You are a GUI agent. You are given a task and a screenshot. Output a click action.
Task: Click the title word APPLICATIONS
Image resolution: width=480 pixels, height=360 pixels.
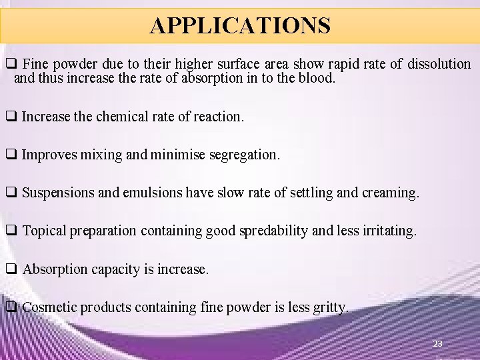240,25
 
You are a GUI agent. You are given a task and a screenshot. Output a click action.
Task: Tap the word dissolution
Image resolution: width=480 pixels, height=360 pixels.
435,64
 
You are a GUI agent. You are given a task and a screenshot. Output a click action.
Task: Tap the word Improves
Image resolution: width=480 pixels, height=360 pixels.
49,155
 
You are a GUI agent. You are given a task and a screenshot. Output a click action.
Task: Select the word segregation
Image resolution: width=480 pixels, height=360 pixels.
244,155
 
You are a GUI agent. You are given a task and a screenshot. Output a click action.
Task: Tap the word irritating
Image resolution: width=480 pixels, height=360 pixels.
385,231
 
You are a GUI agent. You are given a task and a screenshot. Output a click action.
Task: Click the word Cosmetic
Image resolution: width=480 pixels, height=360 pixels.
51,308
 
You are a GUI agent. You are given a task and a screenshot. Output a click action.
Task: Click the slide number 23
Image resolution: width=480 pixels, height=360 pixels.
437,344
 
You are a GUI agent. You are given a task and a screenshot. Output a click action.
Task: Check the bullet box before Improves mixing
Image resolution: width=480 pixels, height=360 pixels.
11,155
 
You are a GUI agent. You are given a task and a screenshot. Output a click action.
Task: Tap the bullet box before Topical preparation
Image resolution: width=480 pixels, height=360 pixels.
11,231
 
